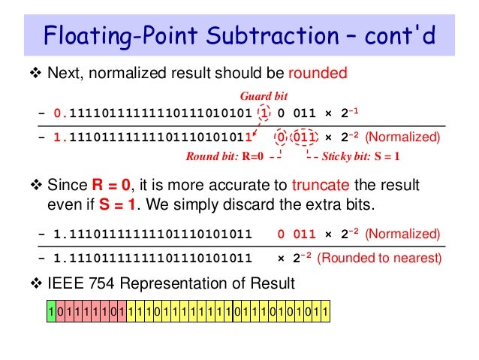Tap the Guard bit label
tap(264, 96)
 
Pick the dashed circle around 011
tap(304, 138)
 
